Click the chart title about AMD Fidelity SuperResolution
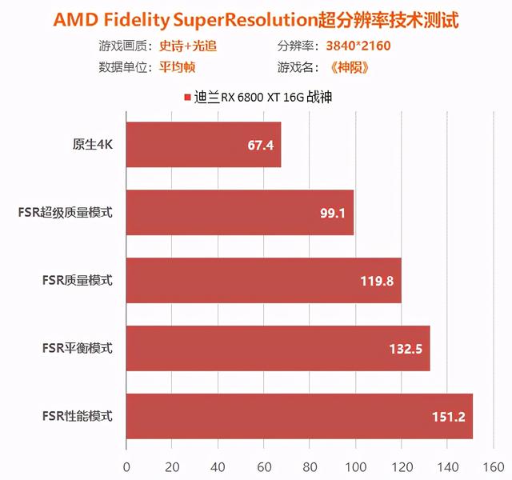(256, 18)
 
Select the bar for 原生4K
(203, 145)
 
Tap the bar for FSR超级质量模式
(239, 213)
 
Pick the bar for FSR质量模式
(263, 281)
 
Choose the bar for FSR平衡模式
(278, 348)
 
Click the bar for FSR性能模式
(299, 416)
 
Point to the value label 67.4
(261, 146)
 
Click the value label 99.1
(333, 214)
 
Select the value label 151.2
(449, 417)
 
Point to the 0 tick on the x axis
(126, 466)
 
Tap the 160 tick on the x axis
(490, 466)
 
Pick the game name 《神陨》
(347, 66)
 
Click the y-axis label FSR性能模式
(78, 416)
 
